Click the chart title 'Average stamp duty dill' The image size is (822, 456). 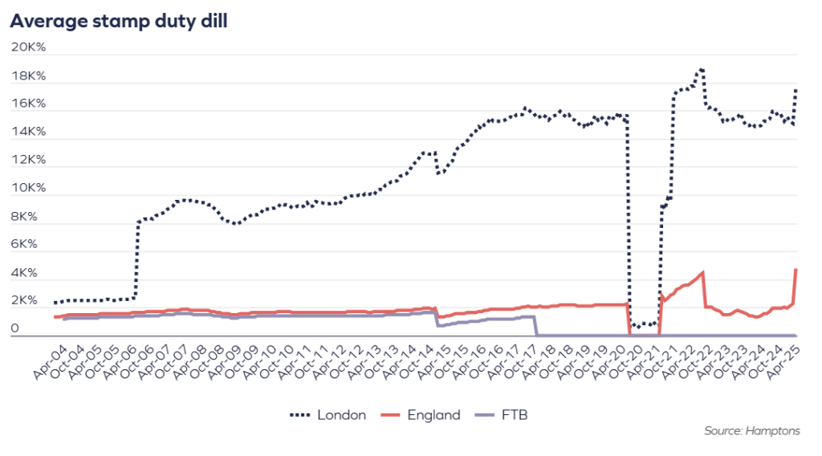118,21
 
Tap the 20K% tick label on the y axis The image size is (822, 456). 28,47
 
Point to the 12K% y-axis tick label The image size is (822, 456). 28,160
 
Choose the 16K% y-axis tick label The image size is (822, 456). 28,104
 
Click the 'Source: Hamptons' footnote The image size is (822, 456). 751,431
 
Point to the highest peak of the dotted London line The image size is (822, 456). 702,70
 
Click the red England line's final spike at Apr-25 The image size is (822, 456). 796,270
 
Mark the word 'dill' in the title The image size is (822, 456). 212,21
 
